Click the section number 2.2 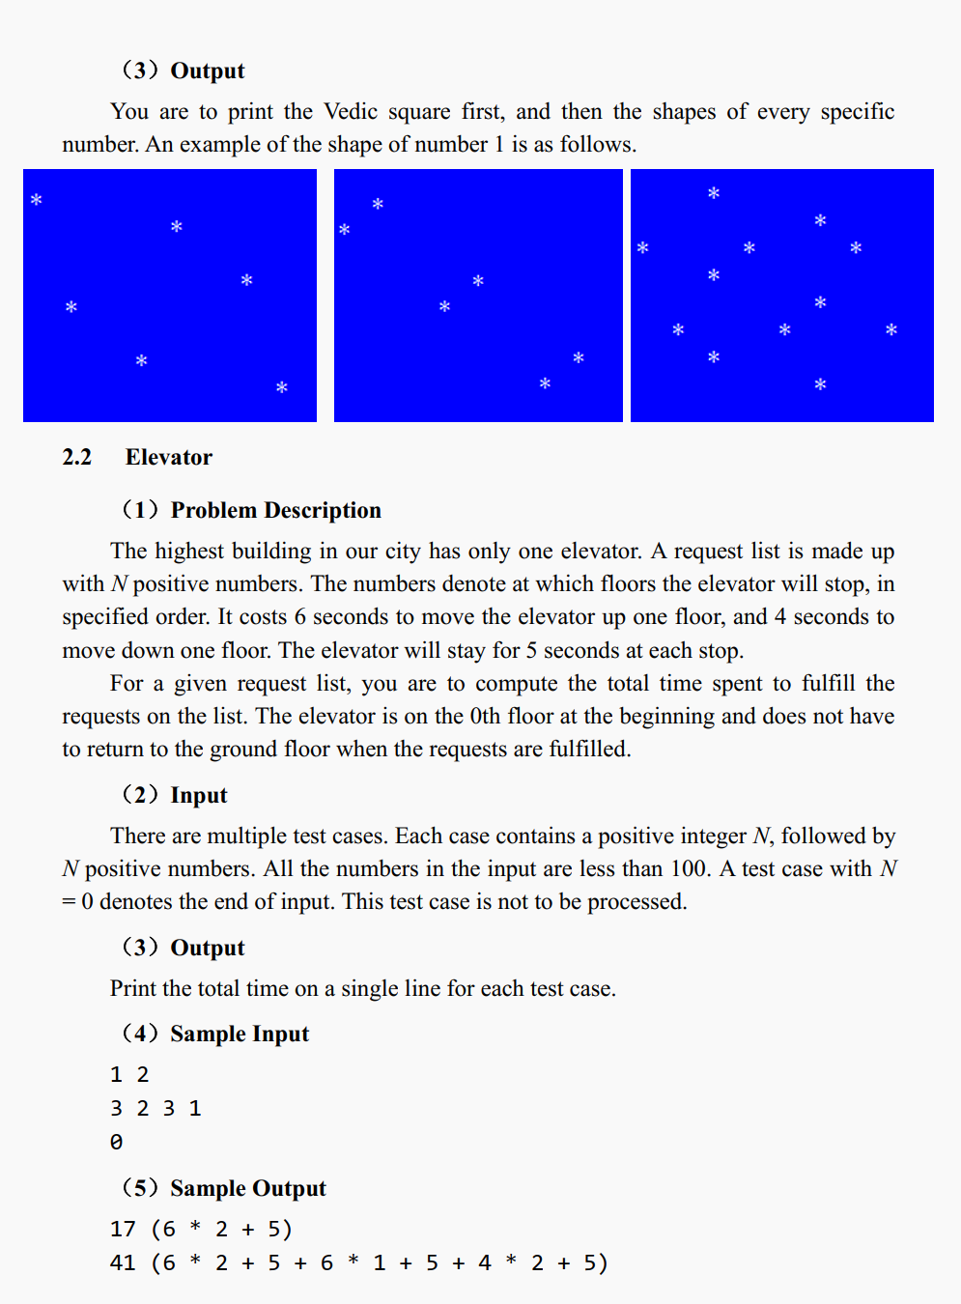tap(76, 457)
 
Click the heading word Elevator tap(168, 457)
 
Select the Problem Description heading tap(275, 510)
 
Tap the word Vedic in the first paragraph tap(351, 111)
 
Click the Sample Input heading tap(240, 1034)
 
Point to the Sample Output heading tap(248, 1188)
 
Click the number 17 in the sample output tap(123, 1229)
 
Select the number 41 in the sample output tap(123, 1262)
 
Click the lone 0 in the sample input tap(116, 1142)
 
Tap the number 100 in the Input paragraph tap(689, 868)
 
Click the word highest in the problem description tap(202, 551)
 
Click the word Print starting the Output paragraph tap(133, 988)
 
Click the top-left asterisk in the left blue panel tap(37, 200)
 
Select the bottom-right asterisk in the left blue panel tap(282, 387)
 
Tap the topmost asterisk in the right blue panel tap(714, 193)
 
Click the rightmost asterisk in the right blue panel tap(891, 329)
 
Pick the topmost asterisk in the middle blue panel tap(378, 204)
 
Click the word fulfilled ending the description tap(589, 749)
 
